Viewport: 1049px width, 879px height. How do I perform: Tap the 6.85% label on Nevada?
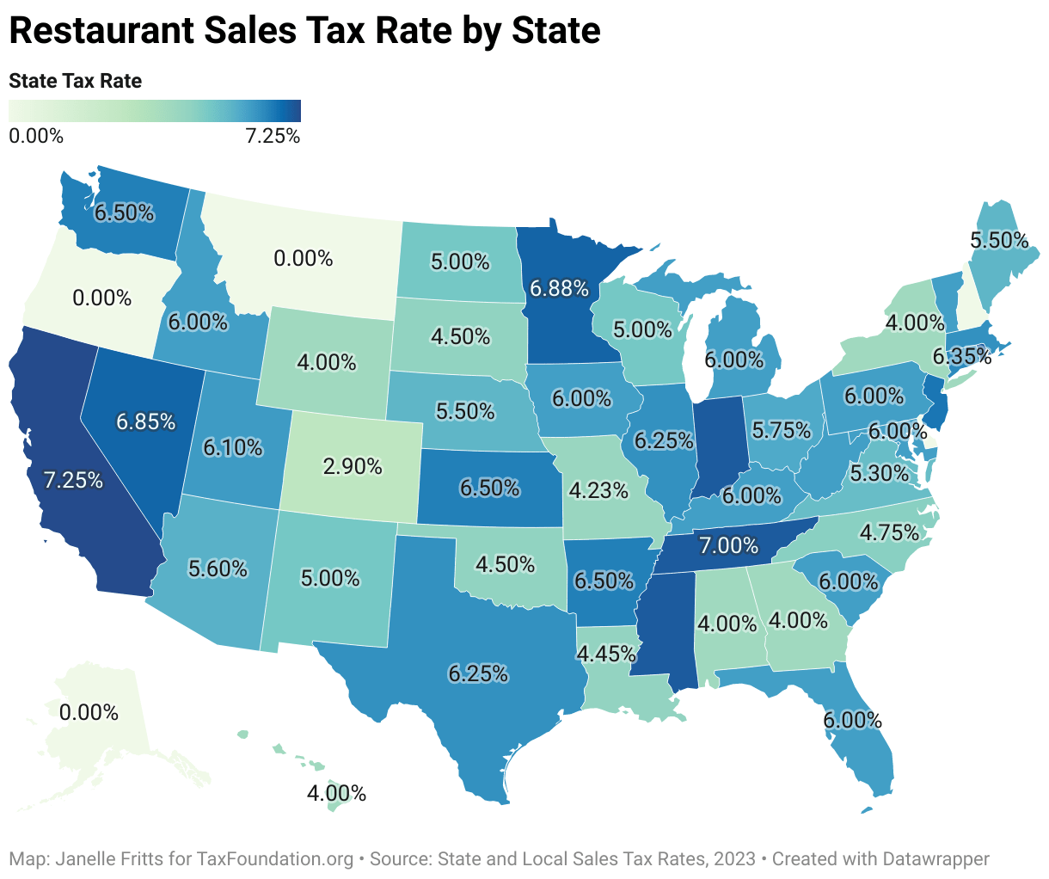pos(146,421)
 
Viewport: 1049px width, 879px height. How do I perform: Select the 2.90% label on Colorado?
pos(353,466)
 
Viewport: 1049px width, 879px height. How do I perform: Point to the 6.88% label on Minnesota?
pos(559,288)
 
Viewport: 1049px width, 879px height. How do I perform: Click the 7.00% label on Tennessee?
pos(728,544)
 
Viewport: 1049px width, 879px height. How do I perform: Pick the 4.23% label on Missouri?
pos(598,490)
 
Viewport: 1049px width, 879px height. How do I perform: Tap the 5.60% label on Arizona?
pos(218,568)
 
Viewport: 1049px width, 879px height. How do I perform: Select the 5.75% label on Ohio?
pos(782,428)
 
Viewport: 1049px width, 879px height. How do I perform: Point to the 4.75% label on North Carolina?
pos(889,532)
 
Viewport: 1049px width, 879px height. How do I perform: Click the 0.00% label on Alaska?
pos(89,712)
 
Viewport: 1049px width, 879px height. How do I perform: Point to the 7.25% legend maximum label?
pos(273,136)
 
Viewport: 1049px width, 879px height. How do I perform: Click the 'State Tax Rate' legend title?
pos(75,81)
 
